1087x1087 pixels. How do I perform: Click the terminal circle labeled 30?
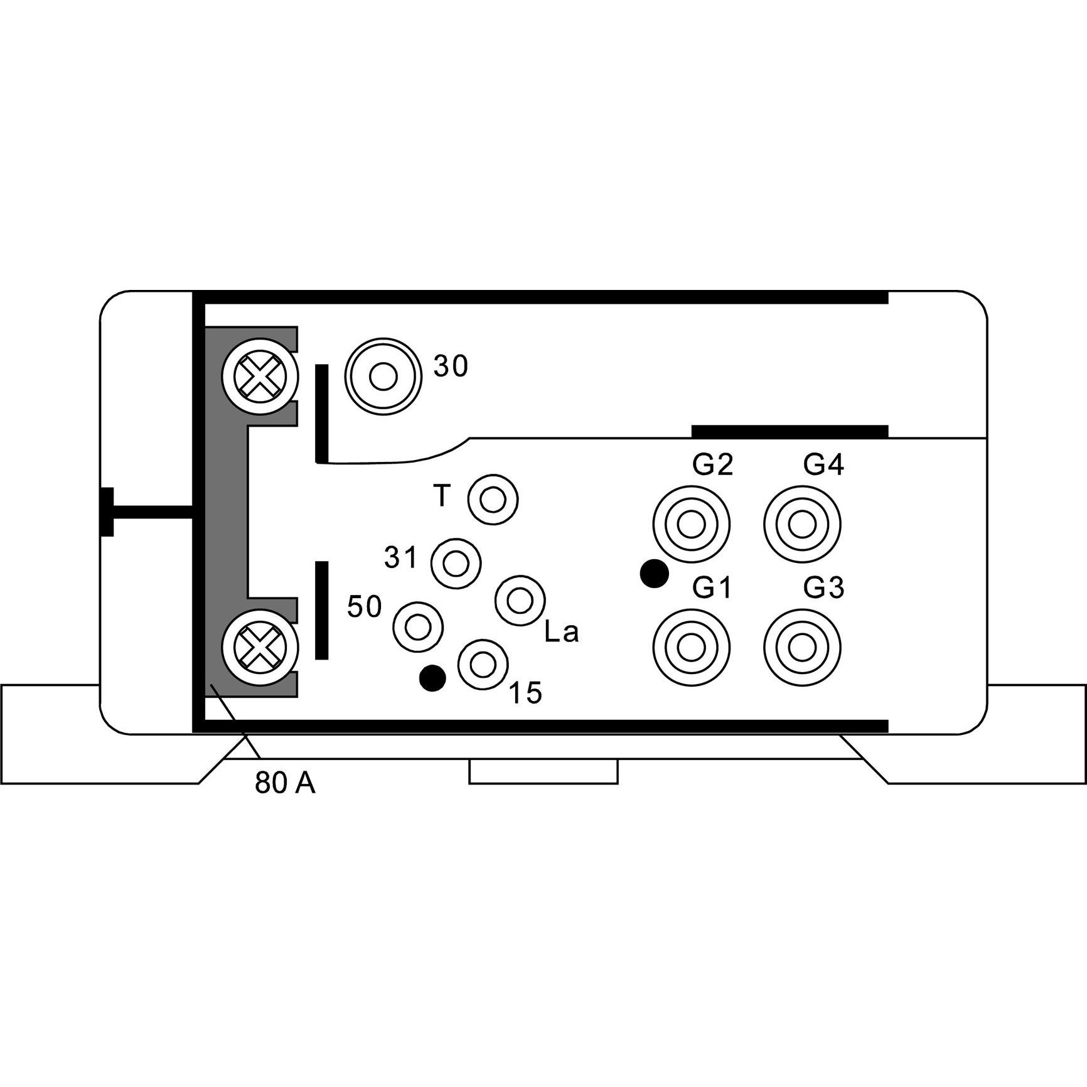[x=383, y=377]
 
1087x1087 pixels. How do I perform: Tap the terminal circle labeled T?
[x=493, y=500]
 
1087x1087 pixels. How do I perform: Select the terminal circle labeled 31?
[x=456, y=563]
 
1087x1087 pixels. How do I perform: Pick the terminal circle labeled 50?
[x=418, y=626]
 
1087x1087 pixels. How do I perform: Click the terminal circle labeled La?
[x=520, y=601]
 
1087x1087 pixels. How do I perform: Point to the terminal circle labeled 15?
[x=483, y=665]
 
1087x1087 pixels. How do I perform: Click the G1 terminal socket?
[x=691, y=647]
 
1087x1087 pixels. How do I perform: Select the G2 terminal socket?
[x=691, y=524]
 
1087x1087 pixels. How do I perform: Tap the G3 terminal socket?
[x=802, y=647]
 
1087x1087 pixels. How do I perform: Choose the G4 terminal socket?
[x=802, y=524]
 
